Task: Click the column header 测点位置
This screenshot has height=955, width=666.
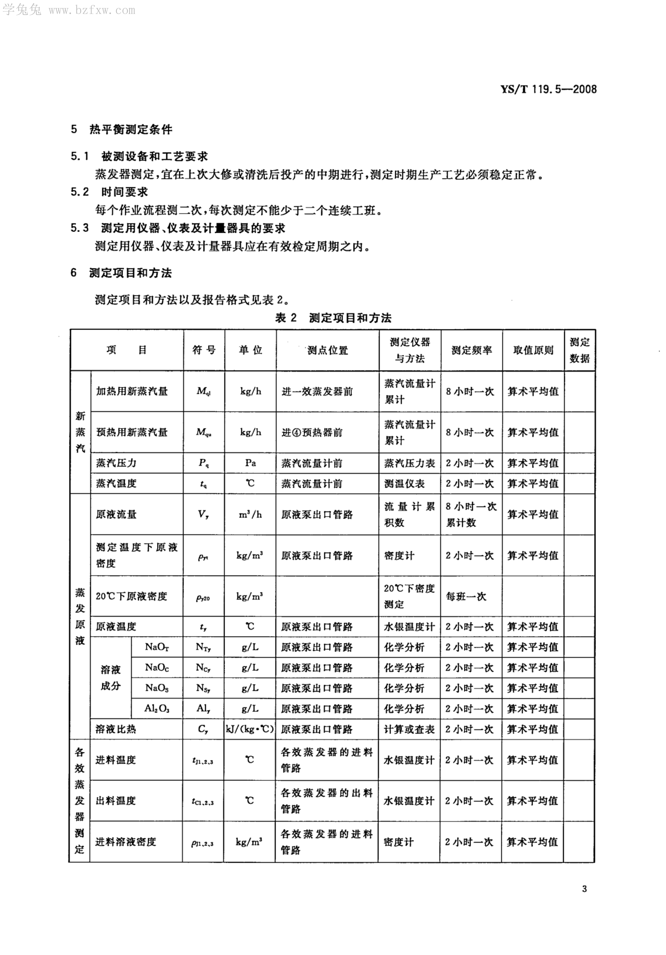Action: [x=328, y=350]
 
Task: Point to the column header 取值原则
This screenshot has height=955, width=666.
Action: [x=533, y=350]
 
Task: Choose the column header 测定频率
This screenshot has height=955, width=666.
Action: [x=471, y=350]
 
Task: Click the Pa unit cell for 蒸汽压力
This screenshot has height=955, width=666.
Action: [x=250, y=463]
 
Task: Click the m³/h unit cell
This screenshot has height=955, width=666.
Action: [x=250, y=514]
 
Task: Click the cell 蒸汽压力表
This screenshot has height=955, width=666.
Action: [x=410, y=463]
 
